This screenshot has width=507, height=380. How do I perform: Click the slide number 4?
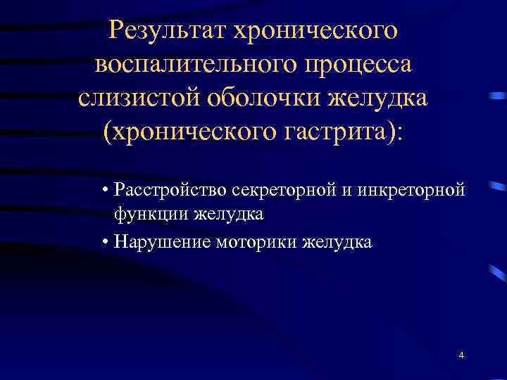(x=461, y=355)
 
